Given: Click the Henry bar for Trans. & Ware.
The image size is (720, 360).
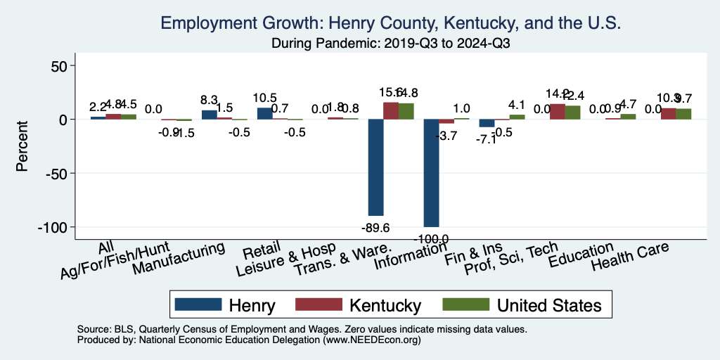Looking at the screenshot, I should point(375,167).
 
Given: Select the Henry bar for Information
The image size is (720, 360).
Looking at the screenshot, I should point(431,172).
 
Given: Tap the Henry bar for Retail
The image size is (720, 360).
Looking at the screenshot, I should point(264,113).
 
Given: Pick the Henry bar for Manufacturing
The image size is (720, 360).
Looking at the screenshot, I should point(209,115).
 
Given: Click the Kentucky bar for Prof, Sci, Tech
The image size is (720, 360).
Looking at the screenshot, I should point(557,112).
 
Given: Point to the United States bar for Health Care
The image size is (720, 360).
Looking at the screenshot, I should point(683,114).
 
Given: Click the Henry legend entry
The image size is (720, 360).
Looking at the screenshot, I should point(225,305).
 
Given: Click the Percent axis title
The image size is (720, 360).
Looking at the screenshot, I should point(22,146).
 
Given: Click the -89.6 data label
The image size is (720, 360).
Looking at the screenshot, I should point(375,226).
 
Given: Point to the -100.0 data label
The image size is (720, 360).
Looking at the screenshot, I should point(431,239).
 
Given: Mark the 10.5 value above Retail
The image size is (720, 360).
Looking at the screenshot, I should point(264,98).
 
